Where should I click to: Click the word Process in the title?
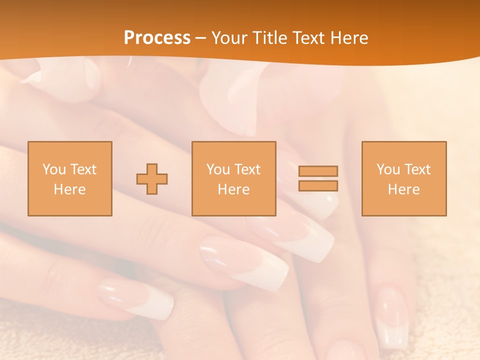click(x=157, y=38)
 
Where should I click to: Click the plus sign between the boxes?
click(x=152, y=179)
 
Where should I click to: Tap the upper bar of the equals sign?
click(x=318, y=171)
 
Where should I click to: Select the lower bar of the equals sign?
click(x=318, y=186)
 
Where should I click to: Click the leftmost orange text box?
click(x=69, y=178)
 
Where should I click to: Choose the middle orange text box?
click(x=233, y=178)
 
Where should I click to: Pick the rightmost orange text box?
click(x=403, y=178)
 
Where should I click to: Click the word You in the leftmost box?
click(x=54, y=169)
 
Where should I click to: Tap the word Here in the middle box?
click(x=233, y=189)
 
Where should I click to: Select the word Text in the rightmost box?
click(x=418, y=169)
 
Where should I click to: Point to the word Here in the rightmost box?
click(x=403, y=189)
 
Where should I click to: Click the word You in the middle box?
click(x=218, y=169)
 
